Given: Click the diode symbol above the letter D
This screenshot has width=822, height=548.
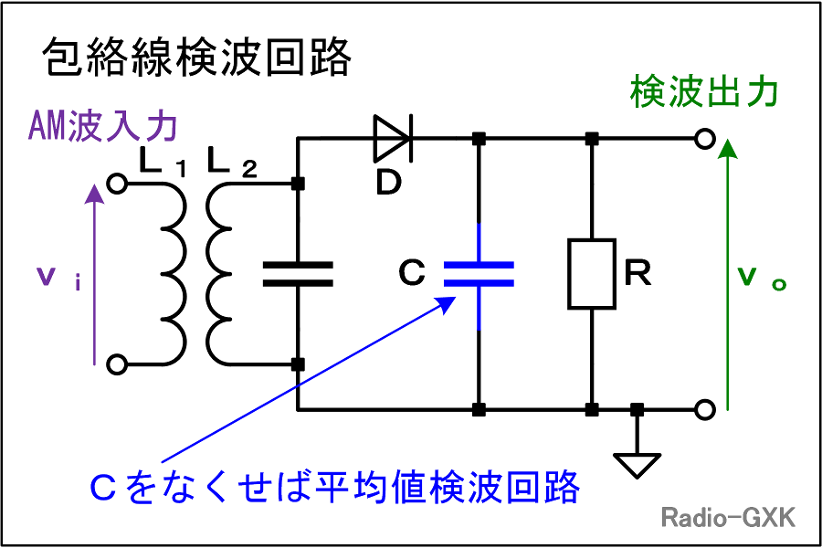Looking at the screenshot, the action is pyautogui.click(x=392, y=139).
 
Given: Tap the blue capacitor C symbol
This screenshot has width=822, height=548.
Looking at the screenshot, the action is pyautogui.click(x=479, y=274).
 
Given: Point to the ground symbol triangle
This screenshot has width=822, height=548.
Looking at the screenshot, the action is pyautogui.click(x=637, y=465).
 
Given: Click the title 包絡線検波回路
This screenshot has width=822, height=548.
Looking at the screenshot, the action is pyautogui.click(x=196, y=57).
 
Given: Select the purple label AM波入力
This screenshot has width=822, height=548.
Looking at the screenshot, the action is pyautogui.click(x=102, y=126).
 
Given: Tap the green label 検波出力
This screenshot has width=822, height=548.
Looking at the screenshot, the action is pyautogui.click(x=704, y=91).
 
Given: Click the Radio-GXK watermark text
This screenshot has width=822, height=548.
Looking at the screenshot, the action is pyautogui.click(x=728, y=517).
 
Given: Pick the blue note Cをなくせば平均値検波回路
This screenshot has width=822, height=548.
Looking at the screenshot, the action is pyautogui.click(x=334, y=487).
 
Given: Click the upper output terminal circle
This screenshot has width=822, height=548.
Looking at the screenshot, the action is pyautogui.click(x=705, y=139).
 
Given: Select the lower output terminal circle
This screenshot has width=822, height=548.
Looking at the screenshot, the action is pyautogui.click(x=705, y=409).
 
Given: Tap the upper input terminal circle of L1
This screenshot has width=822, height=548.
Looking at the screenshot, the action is pyautogui.click(x=117, y=184).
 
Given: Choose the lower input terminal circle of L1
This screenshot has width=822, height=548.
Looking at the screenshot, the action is pyautogui.click(x=117, y=364).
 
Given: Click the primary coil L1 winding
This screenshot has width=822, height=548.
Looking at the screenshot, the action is pyautogui.click(x=184, y=274).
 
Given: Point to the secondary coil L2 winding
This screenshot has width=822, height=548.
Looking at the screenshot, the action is pyautogui.click(x=208, y=274).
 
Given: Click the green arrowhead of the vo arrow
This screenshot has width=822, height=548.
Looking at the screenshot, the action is pyautogui.click(x=727, y=149).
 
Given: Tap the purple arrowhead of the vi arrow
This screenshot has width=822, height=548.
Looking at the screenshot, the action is pyautogui.click(x=94, y=193).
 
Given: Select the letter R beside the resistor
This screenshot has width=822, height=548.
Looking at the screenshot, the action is pyautogui.click(x=638, y=273).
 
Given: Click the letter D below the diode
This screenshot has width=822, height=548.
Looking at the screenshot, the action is pyautogui.click(x=389, y=183).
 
